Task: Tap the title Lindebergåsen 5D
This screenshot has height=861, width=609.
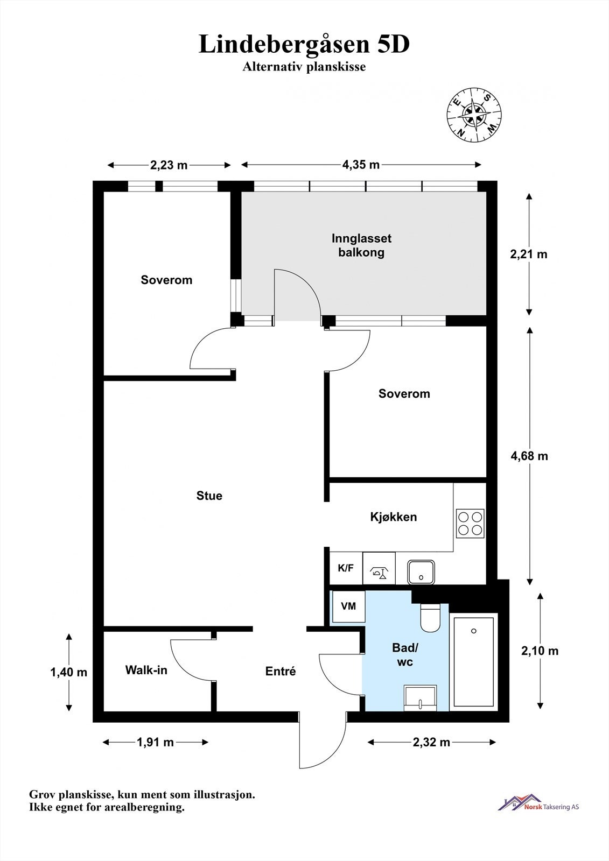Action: [x=304, y=45]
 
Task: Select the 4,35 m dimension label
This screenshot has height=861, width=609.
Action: [x=361, y=165]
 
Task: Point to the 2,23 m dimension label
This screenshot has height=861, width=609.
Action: [x=169, y=165]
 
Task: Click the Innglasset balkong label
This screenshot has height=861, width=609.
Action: [x=361, y=245]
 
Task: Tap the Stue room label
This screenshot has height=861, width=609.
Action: [x=209, y=496]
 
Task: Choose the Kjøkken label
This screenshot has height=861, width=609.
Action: [x=393, y=517]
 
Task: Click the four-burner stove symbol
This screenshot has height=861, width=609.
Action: [x=470, y=524]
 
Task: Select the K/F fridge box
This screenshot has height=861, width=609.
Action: [x=346, y=568]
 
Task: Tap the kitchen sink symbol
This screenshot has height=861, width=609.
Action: [x=421, y=572]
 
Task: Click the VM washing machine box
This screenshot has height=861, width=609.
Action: [x=348, y=606]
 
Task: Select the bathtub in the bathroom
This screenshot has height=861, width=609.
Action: [x=473, y=661]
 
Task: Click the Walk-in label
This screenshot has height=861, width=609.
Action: [x=146, y=670]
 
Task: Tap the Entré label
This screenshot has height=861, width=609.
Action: [x=281, y=672]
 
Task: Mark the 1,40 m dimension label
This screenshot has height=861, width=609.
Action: [x=68, y=672]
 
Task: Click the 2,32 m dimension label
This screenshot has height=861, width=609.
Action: [x=431, y=743]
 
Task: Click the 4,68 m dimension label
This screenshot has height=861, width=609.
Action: [x=529, y=456]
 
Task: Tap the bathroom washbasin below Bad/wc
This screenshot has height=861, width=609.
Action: [x=420, y=697]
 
